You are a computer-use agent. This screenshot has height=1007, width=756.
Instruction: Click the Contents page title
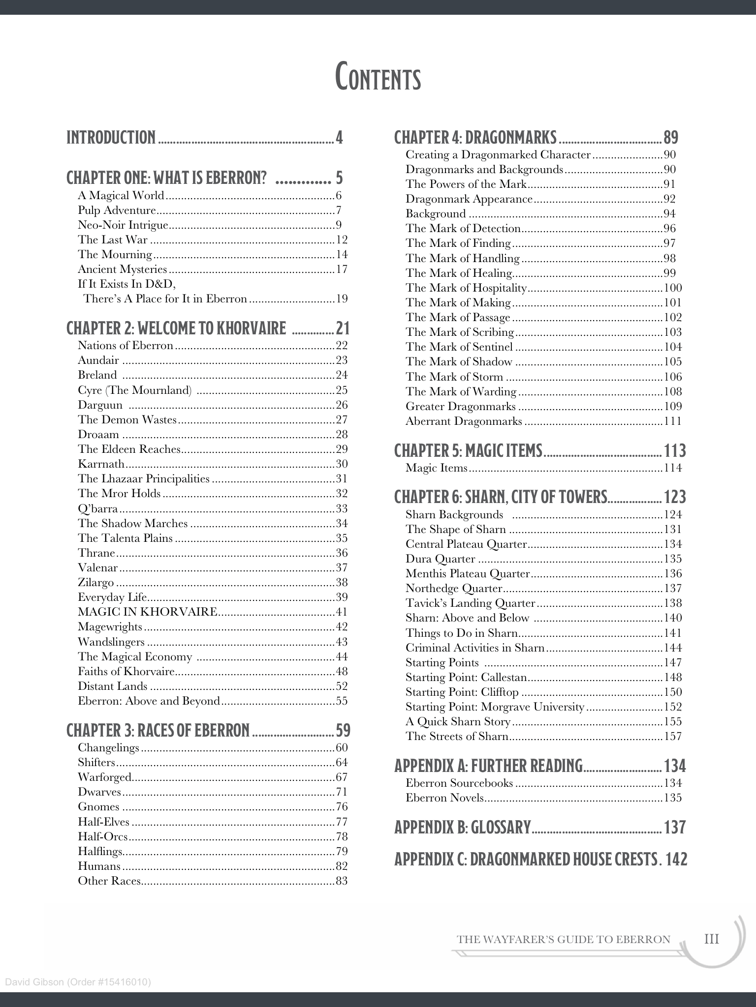(378, 78)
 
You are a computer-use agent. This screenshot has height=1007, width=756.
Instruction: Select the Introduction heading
(111, 138)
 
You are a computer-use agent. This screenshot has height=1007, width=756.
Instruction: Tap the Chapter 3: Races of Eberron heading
(158, 731)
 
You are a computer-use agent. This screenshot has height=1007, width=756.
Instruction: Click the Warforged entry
(104, 777)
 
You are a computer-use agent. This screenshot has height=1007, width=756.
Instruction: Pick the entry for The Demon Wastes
(127, 420)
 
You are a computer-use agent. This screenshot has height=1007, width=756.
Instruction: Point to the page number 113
(675, 451)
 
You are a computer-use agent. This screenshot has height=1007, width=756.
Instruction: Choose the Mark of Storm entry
(454, 377)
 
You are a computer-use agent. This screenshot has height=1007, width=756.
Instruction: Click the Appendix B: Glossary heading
(462, 828)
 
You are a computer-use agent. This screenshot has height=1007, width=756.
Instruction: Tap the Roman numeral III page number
(711, 940)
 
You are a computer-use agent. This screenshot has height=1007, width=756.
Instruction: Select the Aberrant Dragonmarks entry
(464, 421)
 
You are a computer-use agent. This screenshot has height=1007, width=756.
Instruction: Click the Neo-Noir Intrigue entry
(123, 225)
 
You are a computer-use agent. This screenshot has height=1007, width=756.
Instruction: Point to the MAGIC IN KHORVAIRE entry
(148, 612)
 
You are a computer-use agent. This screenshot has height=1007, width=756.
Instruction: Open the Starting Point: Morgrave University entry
(495, 707)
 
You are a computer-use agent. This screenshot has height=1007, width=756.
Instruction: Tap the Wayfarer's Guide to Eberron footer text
(564, 940)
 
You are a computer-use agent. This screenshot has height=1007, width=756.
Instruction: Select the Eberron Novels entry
(445, 798)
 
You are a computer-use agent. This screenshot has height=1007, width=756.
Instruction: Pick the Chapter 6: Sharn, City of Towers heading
(501, 498)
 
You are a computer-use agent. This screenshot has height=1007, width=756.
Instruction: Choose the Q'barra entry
(97, 508)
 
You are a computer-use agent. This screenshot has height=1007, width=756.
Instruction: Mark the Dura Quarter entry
(441, 559)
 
